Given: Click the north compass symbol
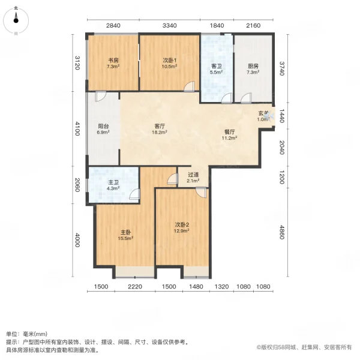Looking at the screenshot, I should tap(16, 19).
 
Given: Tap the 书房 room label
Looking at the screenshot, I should tap(113, 61).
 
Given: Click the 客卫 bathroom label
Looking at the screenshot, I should tap(217, 66).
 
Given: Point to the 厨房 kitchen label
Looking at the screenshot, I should tap(253, 66).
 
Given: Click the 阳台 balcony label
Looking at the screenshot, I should tap(103, 126).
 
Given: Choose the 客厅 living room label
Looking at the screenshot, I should tap(159, 126).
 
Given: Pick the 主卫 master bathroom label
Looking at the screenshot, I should tap(113, 182).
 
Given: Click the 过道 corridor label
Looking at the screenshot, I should tap(192, 175).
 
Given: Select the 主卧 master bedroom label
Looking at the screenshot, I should tap(124, 232).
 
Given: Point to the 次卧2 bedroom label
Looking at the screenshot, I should tap(181, 226).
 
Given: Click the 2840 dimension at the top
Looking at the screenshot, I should tap(113, 25).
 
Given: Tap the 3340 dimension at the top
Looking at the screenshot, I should tap(170, 25).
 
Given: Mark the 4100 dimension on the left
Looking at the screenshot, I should tap(77, 129).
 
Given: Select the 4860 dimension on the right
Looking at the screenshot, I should tap(281, 231).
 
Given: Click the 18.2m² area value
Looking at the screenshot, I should tap(159, 133).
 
